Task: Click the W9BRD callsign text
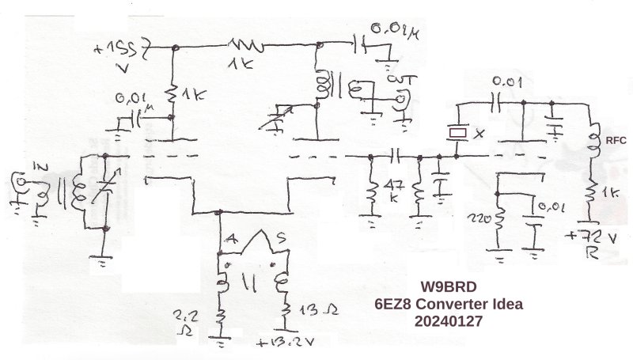coord(449,288)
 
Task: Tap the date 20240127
coord(449,323)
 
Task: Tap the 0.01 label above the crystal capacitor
coord(506,81)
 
